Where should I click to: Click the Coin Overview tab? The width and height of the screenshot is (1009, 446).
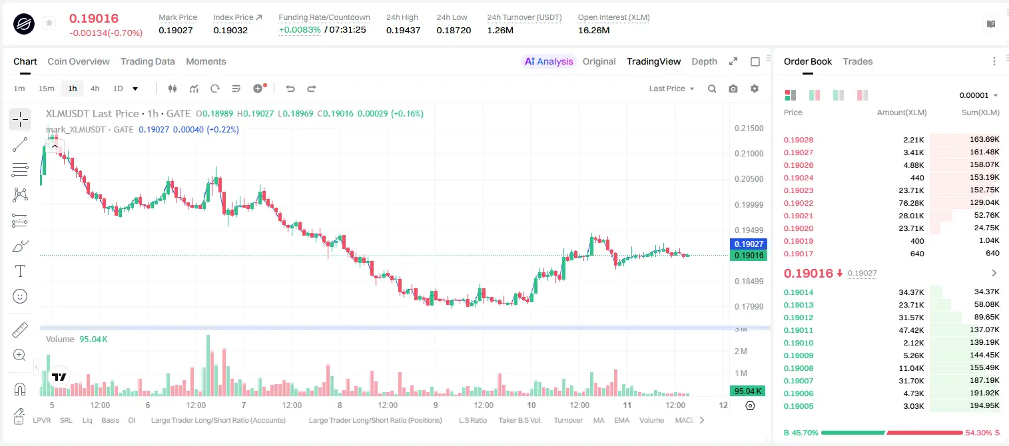click(x=79, y=61)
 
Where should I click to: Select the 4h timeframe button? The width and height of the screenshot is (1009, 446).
click(x=95, y=89)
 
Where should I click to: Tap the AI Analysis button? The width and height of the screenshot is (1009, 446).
click(x=549, y=61)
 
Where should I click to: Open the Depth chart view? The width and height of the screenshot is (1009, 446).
click(x=704, y=61)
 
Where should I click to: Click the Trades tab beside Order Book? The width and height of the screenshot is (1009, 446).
click(x=858, y=61)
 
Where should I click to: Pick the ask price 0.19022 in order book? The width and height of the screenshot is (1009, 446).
click(x=798, y=203)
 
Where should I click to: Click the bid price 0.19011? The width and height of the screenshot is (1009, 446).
click(x=798, y=330)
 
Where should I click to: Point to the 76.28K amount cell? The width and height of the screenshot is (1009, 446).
click(x=911, y=203)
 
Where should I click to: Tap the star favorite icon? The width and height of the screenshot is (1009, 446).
click(x=49, y=23)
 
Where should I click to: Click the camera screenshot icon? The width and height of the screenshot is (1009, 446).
click(x=733, y=89)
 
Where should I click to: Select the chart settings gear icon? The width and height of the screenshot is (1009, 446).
click(x=755, y=89)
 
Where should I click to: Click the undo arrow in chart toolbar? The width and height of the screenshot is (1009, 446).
click(x=290, y=89)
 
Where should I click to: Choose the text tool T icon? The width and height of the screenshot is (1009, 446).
click(x=20, y=271)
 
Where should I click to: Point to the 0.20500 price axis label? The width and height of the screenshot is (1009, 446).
click(x=749, y=178)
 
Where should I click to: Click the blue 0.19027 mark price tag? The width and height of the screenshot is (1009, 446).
click(x=749, y=244)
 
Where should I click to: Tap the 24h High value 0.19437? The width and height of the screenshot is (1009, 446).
click(x=403, y=30)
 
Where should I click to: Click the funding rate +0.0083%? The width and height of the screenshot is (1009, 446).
click(x=300, y=30)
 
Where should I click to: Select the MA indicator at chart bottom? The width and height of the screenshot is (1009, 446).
click(x=599, y=420)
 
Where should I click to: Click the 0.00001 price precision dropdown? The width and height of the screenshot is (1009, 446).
click(x=978, y=95)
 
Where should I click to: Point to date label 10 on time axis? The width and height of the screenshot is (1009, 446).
click(x=531, y=405)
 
